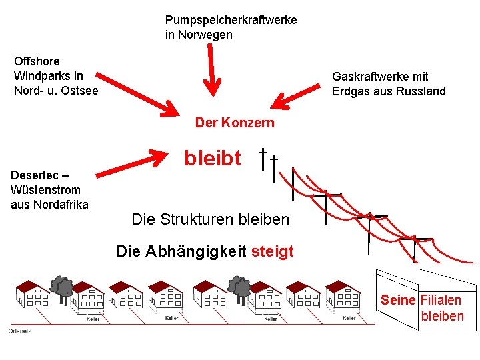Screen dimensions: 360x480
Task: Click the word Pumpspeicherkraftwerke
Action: (x=231, y=21)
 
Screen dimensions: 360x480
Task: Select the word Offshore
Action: (x=37, y=61)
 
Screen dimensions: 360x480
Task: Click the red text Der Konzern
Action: (x=234, y=123)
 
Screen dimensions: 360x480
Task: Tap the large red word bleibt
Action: (x=213, y=158)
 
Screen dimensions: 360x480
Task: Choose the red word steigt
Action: (x=273, y=251)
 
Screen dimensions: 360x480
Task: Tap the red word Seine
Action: (x=398, y=301)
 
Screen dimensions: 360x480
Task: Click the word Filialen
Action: (x=441, y=301)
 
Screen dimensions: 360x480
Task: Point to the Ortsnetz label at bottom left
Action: (x=19, y=331)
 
